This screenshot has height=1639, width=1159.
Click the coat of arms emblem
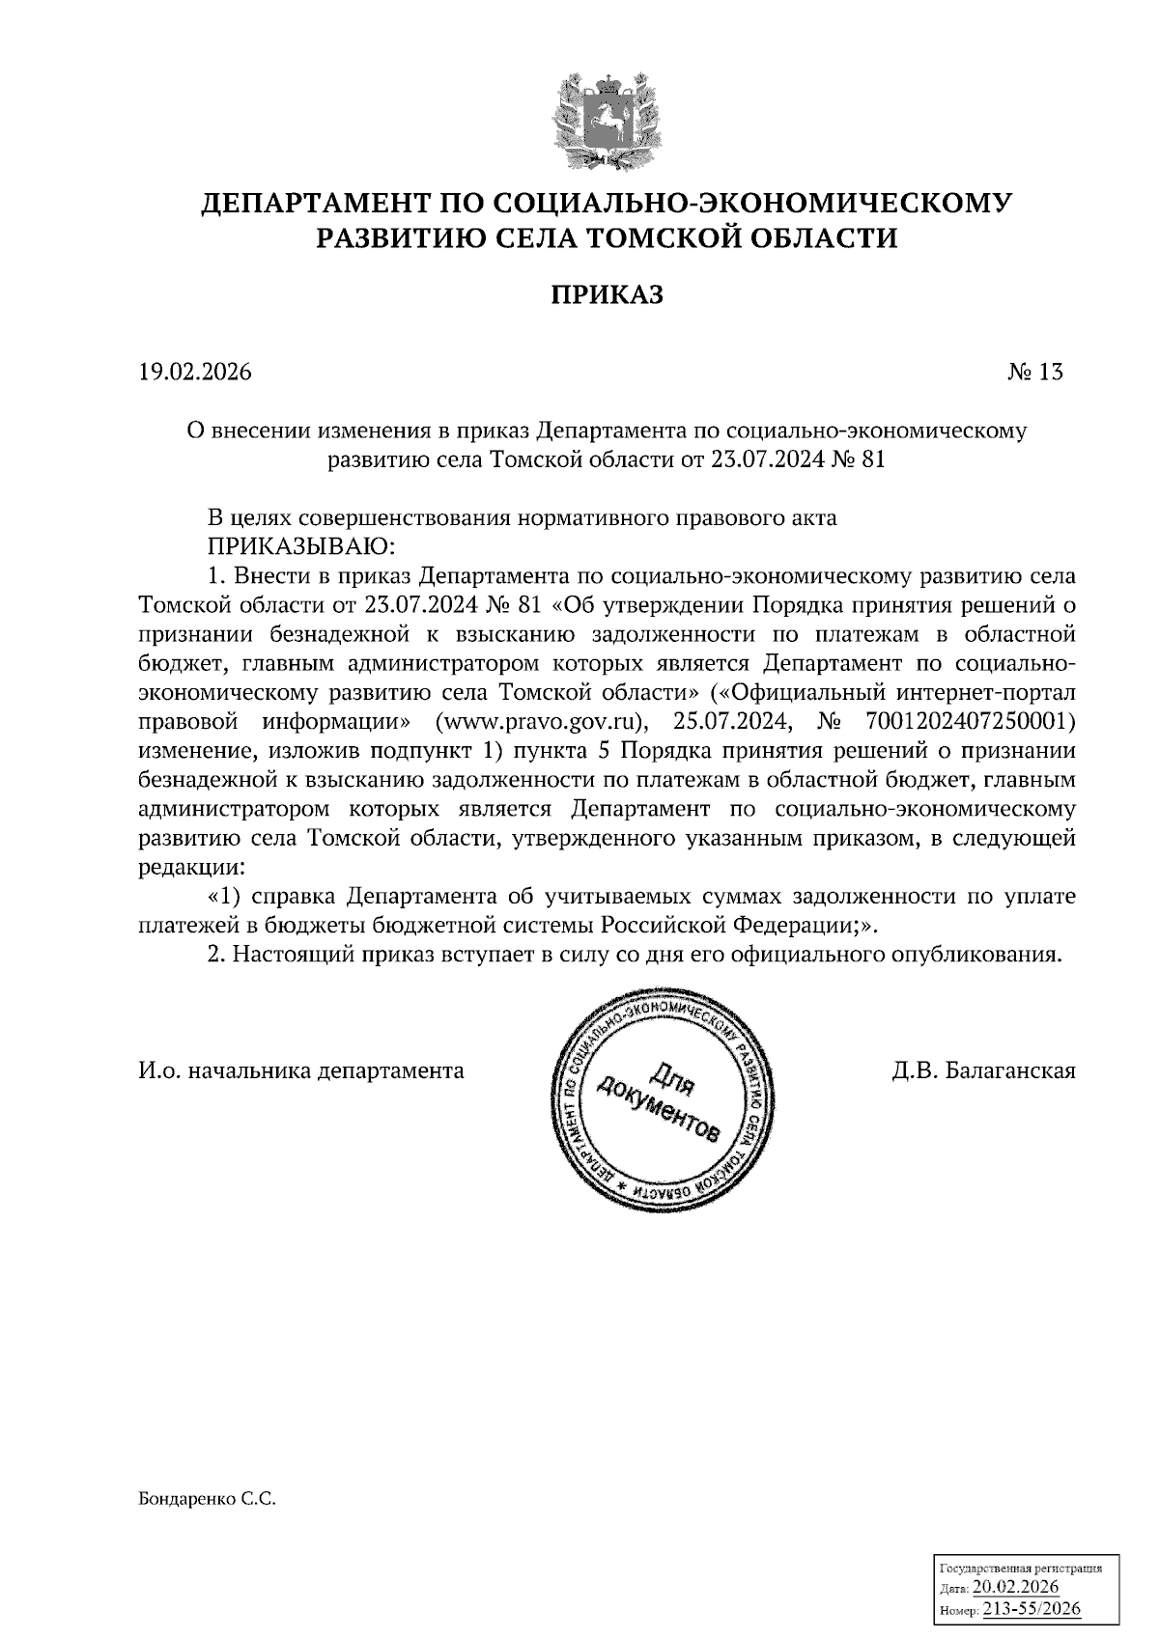coord(607,117)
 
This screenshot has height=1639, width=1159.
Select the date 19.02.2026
coord(194,372)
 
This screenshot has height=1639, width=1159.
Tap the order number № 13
coord(1034,372)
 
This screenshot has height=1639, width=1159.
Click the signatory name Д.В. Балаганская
coord(983,1070)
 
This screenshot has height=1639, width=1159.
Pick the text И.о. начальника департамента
coord(301,1070)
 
